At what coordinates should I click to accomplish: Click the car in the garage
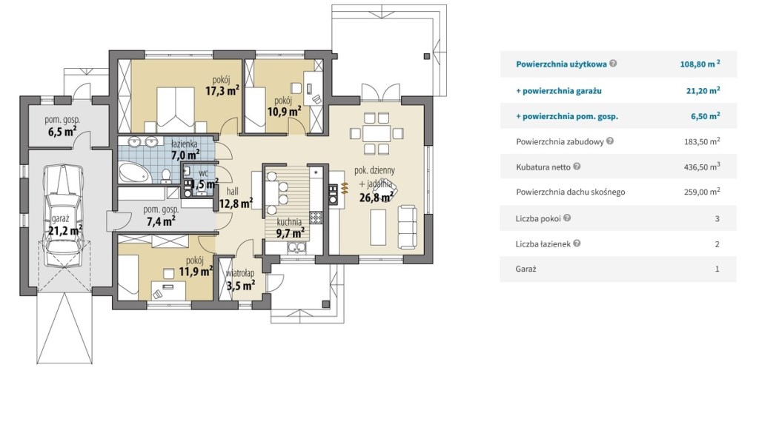point(64,216)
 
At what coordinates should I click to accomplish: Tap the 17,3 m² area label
point(222,90)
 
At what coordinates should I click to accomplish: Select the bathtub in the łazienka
point(134,172)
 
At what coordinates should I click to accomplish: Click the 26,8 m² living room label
point(376,197)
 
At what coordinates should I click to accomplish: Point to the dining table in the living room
point(376,133)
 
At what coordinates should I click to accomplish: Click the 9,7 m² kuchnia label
point(291,233)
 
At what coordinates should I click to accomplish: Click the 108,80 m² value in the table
point(700,64)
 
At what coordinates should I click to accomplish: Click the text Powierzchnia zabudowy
point(560,141)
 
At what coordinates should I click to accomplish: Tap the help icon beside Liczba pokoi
point(567,218)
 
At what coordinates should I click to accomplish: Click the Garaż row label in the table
point(526,269)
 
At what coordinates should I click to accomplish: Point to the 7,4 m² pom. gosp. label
point(161,222)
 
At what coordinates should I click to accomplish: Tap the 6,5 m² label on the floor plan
point(62,132)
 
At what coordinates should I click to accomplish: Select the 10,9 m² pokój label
point(284,112)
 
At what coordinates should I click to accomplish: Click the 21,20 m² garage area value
point(703,90)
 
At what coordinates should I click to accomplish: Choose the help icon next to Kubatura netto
point(577,167)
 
